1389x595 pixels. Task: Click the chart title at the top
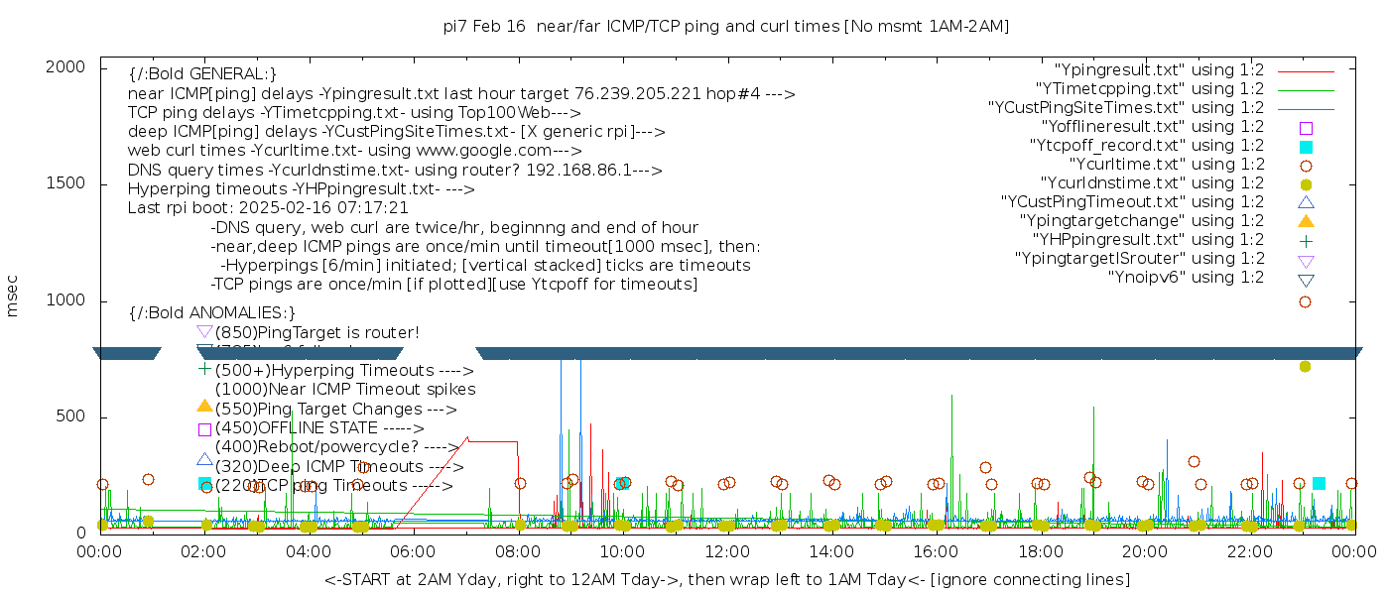click(x=726, y=26)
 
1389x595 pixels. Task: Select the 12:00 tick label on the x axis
click(x=726, y=551)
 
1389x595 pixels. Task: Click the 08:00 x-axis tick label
click(x=517, y=551)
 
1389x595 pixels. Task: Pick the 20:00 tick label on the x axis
click(x=1144, y=551)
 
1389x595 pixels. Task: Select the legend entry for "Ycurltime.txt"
click(x=1166, y=165)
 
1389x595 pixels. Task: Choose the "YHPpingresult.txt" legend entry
click(x=1148, y=240)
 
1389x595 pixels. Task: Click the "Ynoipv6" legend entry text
click(x=1186, y=278)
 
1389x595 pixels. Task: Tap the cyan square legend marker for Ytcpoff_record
click(x=1306, y=147)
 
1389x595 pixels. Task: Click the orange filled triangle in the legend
click(x=1306, y=221)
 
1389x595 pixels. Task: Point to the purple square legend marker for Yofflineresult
click(x=1306, y=128)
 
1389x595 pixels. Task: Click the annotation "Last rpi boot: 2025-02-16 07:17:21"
click(x=268, y=208)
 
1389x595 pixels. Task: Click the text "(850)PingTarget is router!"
click(x=316, y=332)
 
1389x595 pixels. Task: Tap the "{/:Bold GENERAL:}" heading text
click(x=202, y=74)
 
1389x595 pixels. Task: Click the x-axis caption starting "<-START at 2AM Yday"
click(x=726, y=579)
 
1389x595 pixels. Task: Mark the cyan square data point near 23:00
click(x=1319, y=484)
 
